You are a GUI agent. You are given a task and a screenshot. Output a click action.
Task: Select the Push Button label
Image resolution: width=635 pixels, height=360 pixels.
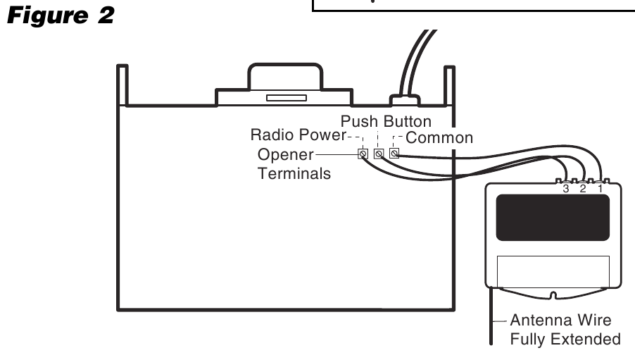386,121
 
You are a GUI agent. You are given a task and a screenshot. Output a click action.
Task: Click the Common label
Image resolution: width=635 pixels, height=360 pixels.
439,137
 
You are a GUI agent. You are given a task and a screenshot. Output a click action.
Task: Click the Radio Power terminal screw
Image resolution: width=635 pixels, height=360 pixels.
363,154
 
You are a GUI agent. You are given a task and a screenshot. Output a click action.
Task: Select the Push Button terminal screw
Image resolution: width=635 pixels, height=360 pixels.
379,154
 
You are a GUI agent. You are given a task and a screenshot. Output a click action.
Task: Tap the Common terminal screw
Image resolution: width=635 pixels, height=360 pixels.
394,154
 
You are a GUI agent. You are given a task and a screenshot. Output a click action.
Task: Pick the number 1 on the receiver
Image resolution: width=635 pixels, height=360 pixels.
601,188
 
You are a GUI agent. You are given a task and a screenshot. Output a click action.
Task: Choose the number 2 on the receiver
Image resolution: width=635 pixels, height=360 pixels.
582,188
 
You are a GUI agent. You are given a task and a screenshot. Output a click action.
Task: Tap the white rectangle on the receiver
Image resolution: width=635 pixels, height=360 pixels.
553,271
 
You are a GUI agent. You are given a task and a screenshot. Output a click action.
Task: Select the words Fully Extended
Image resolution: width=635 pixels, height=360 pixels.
565,339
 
